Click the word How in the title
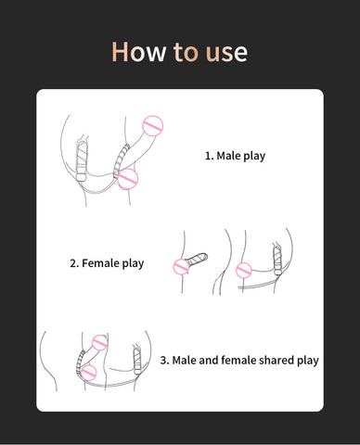coord(138,51)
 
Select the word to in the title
coord(186,52)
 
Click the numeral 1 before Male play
coord(208,156)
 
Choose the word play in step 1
coord(253,156)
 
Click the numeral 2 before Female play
coord(73,263)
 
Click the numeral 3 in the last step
coord(163,361)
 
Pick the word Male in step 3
coord(184,360)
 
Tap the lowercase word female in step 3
coord(238,360)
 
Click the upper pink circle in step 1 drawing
coord(153,126)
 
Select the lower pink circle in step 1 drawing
coord(128,179)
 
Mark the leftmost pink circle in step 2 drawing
coord(182,267)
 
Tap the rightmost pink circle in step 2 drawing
coord(244,271)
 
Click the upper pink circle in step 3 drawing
coord(100,342)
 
